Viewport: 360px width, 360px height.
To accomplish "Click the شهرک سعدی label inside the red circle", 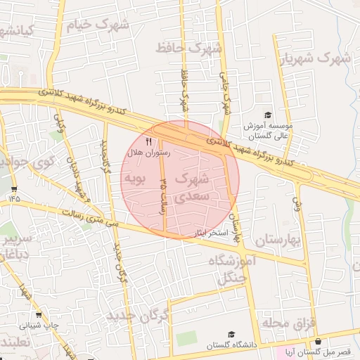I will pyautogui.click(x=191, y=186).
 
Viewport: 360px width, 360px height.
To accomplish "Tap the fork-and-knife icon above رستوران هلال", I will pyautogui.click(x=148, y=141).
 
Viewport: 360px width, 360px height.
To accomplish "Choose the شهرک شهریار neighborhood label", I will pyautogui.click(x=315, y=59).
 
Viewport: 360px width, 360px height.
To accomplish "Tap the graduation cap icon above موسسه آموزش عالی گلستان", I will pyautogui.click(x=267, y=115).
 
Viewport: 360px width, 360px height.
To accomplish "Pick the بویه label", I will pyautogui.click(x=134, y=179).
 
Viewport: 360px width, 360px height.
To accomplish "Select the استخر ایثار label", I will pyautogui.click(x=205, y=231).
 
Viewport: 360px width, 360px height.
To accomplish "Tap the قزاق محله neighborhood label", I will pyautogui.click(x=286, y=323).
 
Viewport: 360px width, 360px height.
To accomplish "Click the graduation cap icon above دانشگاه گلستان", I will pyautogui.click(x=231, y=335).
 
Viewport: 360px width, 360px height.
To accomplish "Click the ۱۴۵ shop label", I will pyautogui.click(x=15, y=199).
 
